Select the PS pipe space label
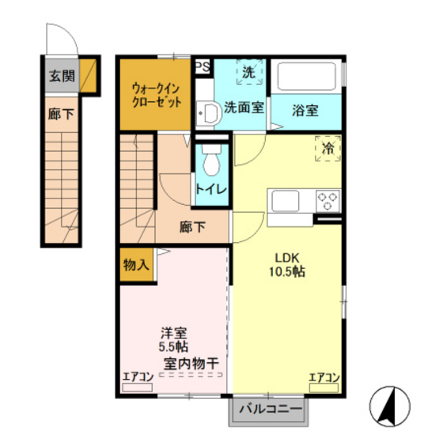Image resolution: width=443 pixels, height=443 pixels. pyautogui.click(x=203, y=66)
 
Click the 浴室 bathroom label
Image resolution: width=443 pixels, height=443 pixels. pyautogui.click(x=305, y=111)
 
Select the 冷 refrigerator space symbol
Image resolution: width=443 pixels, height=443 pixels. pyautogui.click(x=327, y=147)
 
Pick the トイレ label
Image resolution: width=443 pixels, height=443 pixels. pyautogui.click(x=211, y=191)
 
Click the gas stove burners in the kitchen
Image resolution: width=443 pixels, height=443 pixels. pyautogui.click(x=327, y=198)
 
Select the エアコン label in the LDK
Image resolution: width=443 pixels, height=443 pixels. pyautogui.click(x=324, y=377)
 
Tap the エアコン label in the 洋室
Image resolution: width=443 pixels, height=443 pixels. pyautogui.click(x=138, y=377)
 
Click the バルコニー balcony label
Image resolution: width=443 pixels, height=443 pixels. pyautogui.click(x=270, y=410)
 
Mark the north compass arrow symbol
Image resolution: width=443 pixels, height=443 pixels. pyautogui.click(x=388, y=405)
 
